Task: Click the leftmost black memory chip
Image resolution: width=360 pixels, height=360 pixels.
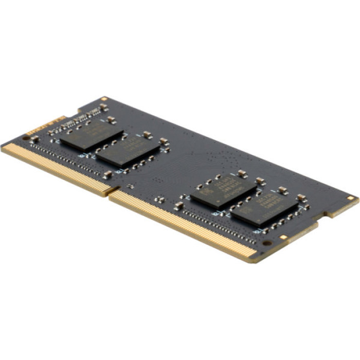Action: [92, 135]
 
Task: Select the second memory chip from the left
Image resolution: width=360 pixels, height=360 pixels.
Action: [128, 150]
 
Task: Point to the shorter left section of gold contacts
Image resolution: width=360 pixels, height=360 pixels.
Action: [51, 167]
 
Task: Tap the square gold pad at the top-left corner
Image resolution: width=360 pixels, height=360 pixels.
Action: [104, 99]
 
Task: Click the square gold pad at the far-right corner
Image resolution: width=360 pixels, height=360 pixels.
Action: [351, 198]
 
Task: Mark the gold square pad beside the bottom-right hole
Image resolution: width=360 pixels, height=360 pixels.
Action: [283, 238]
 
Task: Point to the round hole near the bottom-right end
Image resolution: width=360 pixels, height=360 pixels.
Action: [267, 243]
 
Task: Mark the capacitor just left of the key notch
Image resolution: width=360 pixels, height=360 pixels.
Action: [107, 175]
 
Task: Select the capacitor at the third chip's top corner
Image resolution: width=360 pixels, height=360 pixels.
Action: [242, 174]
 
